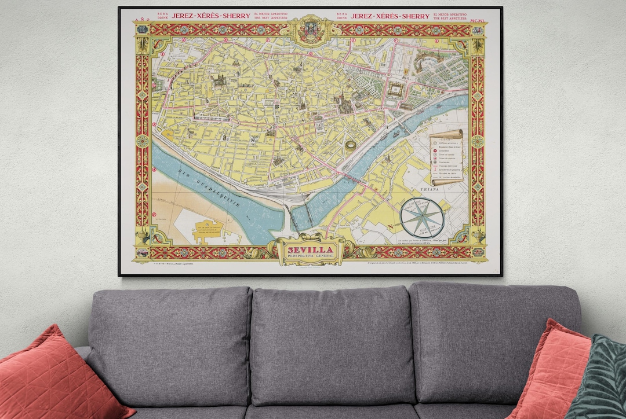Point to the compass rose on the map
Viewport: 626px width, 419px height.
(x=422, y=217)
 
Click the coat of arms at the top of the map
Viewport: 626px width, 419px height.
(x=311, y=30)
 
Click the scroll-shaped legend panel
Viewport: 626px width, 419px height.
(x=446, y=157)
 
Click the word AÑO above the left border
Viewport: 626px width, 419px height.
(x=143, y=20)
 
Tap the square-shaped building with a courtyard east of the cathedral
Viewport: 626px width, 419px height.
(x=395, y=90)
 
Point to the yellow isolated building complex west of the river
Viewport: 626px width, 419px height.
(x=208, y=229)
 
